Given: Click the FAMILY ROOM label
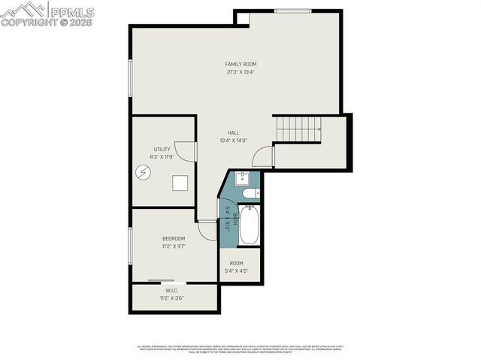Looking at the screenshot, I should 240,65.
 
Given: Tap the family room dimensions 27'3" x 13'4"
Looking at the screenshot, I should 240,73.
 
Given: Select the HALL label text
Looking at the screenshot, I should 234,133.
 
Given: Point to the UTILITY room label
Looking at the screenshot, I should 162,150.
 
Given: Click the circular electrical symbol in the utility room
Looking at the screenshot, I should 143,172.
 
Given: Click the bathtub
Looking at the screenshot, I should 249,225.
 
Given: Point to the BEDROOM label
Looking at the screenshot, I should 174,238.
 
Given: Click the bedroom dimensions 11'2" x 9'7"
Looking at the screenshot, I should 174,247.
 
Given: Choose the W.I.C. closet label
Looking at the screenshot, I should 172,290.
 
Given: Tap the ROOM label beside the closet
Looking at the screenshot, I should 236,263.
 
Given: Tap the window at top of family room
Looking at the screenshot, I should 292,11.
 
